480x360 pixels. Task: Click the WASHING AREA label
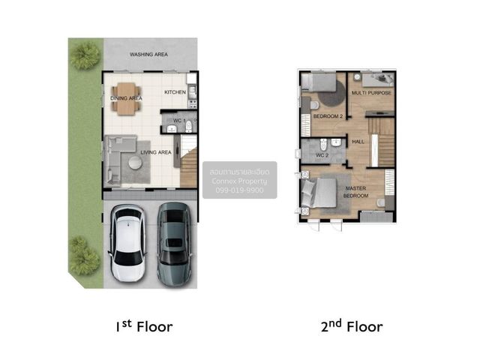148,55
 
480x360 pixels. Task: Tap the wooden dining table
126,99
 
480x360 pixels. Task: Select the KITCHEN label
175,92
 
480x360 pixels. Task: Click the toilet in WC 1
188,126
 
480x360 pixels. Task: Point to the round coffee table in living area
135,163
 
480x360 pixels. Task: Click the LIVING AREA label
156,152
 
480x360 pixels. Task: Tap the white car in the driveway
127,244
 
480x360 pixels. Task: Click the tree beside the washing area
85,55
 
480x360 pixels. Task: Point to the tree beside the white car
83,256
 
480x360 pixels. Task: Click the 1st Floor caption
144,327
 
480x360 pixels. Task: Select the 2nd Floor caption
352,326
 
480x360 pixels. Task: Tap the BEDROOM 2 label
328,116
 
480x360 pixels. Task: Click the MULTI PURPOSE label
371,93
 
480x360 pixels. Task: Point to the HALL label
358,142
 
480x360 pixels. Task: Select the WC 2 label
322,155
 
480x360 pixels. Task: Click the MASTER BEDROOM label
355,192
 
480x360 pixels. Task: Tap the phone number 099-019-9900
239,190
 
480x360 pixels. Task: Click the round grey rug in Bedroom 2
332,93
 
